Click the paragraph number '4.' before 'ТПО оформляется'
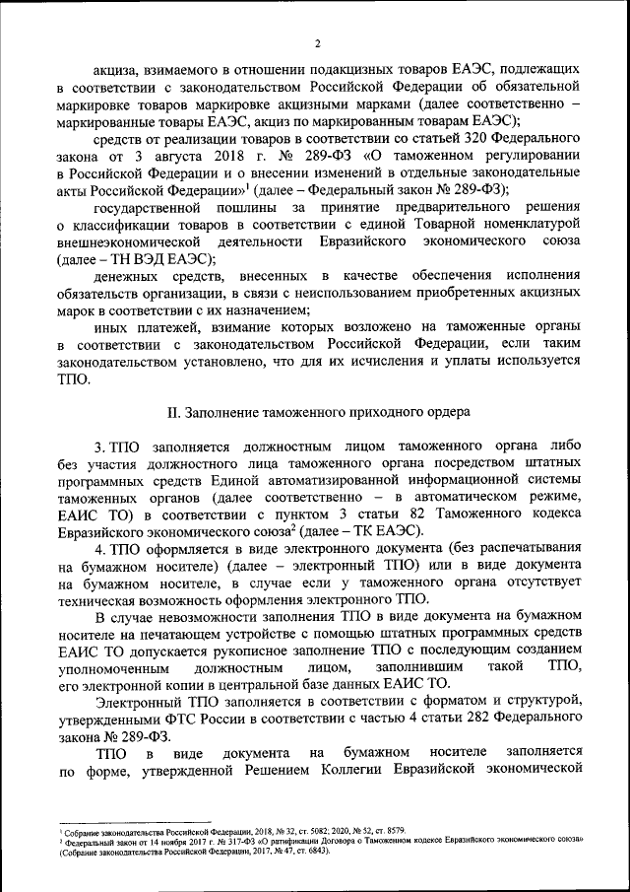coord(99,547)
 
